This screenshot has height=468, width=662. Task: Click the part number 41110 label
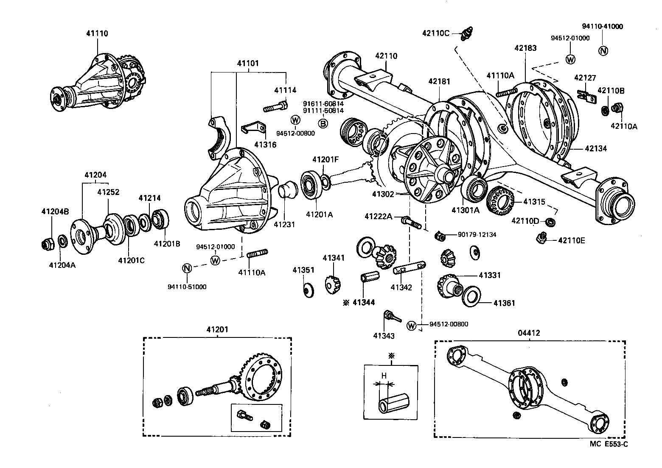click(97, 33)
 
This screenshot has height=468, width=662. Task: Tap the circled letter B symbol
click(323, 123)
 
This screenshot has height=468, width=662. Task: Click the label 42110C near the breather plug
click(435, 33)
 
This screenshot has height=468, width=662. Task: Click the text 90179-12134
click(477, 234)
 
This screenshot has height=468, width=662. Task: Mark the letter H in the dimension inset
click(384, 376)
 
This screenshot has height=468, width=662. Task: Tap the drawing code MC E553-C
click(608, 444)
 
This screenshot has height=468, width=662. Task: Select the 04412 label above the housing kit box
click(529, 333)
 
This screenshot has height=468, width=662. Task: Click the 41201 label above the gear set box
click(217, 330)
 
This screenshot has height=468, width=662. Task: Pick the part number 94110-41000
click(602, 26)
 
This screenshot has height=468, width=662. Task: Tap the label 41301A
click(465, 210)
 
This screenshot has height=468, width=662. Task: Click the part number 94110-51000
click(187, 287)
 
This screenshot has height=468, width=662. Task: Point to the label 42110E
click(571, 240)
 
